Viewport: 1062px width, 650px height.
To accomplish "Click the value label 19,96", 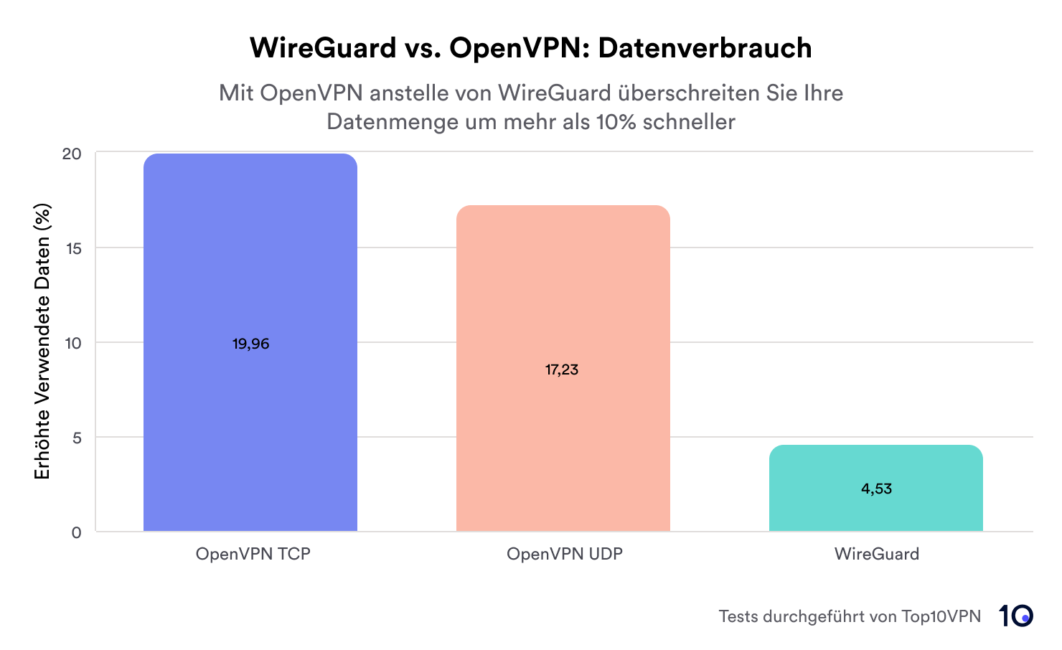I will click(x=250, y=344).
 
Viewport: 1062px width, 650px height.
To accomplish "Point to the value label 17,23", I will click(x=562, y=370).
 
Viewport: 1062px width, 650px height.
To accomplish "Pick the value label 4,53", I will click(x=876, y=489).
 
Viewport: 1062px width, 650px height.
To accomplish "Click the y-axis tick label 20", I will click(x=72, y=154).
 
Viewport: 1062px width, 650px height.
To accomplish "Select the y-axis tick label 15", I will click(x=73, y=248).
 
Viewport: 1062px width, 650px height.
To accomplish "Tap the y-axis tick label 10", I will click(x=73, y=343).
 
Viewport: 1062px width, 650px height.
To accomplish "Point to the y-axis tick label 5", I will click(x=77, y=438).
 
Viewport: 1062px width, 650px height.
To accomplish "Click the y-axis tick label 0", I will click(x=77, y=532).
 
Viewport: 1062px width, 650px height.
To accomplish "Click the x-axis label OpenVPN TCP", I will click(x=253, y=554).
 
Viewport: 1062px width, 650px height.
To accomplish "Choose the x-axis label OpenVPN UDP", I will click(x=565, y=554).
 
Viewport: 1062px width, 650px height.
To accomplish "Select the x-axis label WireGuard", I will click(x=876, y=554).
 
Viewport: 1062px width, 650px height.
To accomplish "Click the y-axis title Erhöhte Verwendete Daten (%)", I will click(x=42, y=342).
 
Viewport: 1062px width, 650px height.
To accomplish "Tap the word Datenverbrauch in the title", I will click(x=705, y=48).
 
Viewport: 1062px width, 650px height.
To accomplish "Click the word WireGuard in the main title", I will click(x=323, y=48).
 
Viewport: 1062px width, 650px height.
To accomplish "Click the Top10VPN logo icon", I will click(x=1016, y=616).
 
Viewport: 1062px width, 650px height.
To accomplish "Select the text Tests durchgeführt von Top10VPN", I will click(x=850, y=616).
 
